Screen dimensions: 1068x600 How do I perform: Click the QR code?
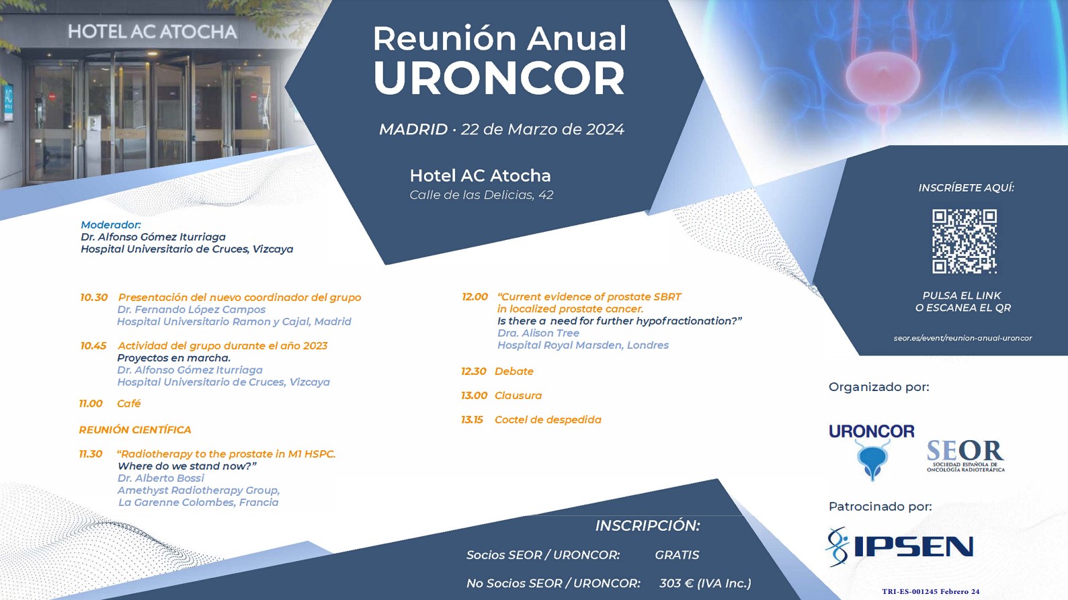coord(964,241)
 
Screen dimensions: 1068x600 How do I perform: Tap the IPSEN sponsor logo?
coord(899,547)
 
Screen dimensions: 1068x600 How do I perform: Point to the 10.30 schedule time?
coord(94,298)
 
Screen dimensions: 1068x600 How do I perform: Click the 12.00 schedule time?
coord(475,297)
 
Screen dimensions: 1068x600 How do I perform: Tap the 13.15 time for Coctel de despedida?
coord(472,420)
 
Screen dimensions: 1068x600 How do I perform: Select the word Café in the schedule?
coord(129,404)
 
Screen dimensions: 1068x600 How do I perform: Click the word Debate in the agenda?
coord(514,372)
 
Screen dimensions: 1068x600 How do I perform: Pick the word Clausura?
coord(518,396)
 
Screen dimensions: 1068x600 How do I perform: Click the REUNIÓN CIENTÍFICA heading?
coord(135,430)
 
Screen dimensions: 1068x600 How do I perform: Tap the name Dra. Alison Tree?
coord(538,333)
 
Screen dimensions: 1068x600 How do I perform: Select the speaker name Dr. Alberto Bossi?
coord(161,478)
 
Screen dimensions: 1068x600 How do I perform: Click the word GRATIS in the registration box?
coord(677,555)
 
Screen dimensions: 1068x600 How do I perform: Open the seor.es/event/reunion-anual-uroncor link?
coord(962,339)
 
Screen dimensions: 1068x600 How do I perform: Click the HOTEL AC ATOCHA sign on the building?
coord(153,32)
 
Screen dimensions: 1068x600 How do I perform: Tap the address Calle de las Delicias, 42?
coord(481,195)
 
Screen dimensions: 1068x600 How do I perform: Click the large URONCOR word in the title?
coord(499,78)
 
